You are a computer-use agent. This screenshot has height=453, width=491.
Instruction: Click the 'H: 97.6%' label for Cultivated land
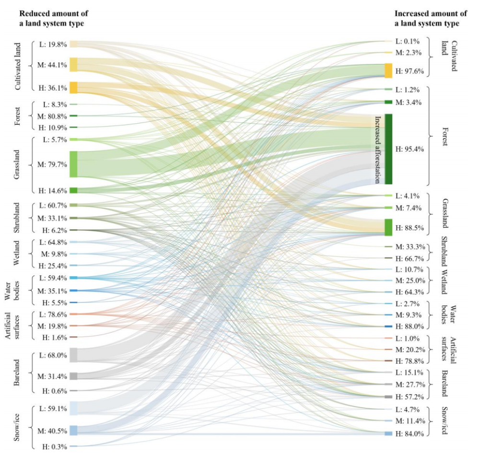click(409, 71)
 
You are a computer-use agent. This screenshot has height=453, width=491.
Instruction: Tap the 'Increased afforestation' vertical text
click(378, 149)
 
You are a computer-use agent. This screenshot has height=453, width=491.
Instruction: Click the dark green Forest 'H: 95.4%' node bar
click(388, 149)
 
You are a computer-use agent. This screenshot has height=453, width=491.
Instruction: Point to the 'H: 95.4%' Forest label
click(409, 149)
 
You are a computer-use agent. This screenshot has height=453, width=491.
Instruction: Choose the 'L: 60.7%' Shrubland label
click(53, 205)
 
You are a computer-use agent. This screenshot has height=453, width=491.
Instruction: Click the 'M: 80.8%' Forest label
click(52, 116)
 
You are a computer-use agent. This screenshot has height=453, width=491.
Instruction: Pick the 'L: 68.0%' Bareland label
click(53, 355)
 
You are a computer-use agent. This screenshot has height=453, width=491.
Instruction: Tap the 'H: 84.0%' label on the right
click(409, 434)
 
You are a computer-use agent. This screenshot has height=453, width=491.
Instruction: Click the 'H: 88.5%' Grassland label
click(409, 227)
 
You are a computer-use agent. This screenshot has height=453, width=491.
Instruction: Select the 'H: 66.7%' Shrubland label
click(409, 258)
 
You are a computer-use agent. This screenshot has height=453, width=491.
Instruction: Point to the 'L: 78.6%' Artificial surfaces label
click(53, 314)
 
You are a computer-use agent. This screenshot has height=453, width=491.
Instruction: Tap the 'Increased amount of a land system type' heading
click(430, 18)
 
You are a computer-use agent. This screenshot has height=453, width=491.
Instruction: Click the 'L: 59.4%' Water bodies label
click(53, 278)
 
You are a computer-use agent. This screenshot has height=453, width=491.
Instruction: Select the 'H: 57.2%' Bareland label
click(409, 396)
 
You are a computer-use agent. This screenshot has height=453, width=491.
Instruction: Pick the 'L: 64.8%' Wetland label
click(53, 242)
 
